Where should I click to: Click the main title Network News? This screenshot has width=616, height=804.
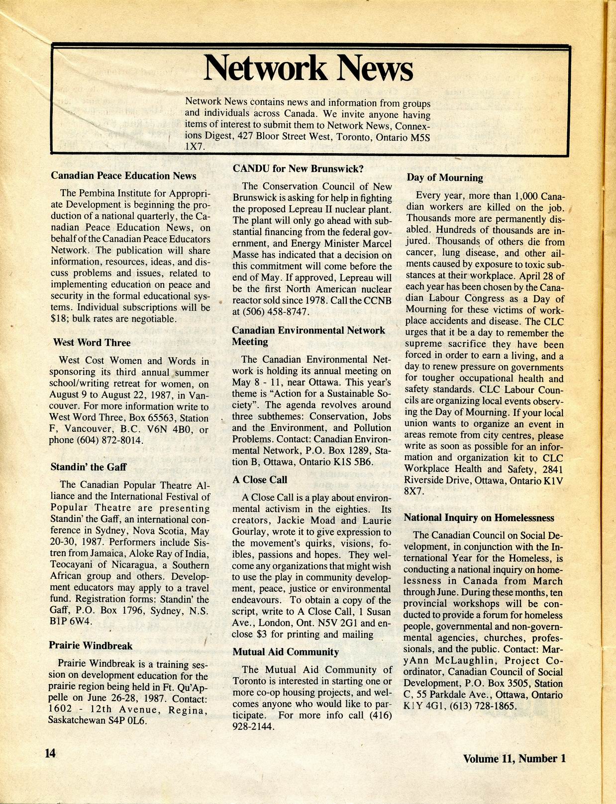pos(308,69)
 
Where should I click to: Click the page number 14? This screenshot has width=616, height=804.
pos(51,753)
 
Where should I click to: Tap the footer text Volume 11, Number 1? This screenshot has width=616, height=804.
pos(514,758)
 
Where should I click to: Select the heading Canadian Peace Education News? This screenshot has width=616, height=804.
pos(123,176)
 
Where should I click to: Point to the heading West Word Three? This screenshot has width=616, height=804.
pos(92,342)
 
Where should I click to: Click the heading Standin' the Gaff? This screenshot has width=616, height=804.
pos(88,467)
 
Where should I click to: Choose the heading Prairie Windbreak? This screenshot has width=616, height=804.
pos(91,645)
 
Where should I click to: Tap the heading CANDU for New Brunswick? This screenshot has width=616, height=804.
pos(298,168)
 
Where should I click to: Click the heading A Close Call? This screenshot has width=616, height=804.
pos(260,480)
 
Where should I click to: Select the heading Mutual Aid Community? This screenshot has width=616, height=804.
pos(286,652)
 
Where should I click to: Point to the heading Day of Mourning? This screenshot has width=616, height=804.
pos(445,178)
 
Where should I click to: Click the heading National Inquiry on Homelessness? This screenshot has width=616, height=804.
pos(479,518)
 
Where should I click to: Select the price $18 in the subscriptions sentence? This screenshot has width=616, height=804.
pos(59,319)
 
